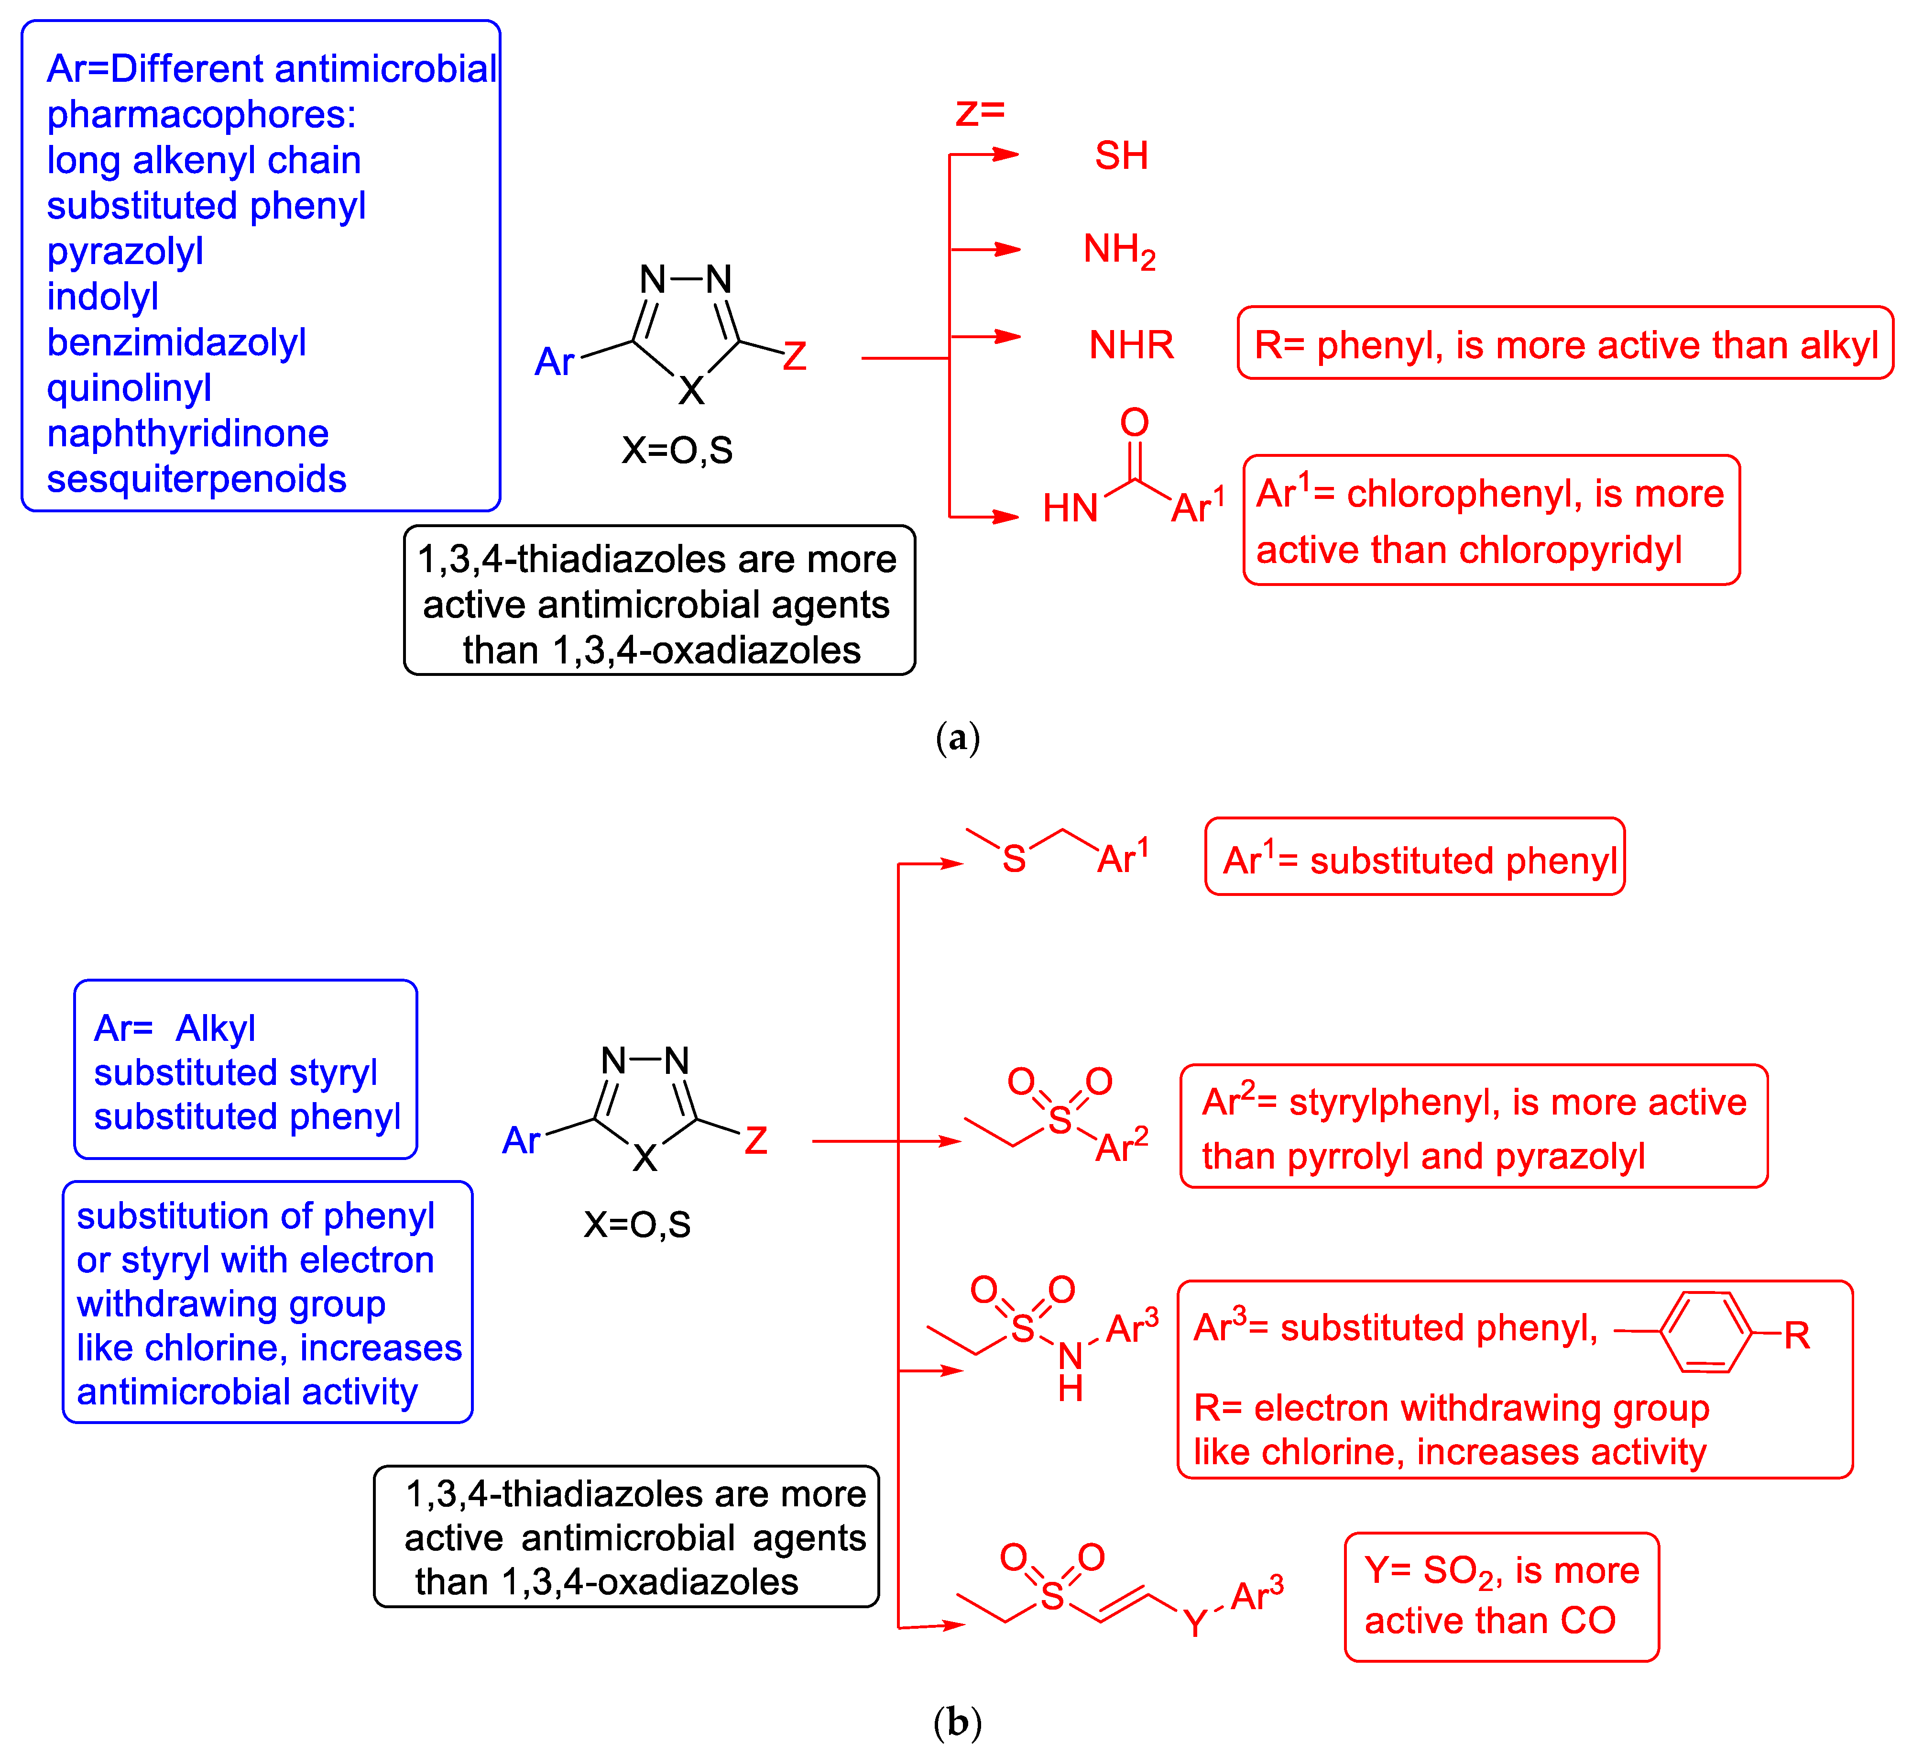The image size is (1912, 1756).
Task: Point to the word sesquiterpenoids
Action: pyautogui.click(x=197, y=479)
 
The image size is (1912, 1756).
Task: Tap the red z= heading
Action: pyautogui.click(x=979, y=112)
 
